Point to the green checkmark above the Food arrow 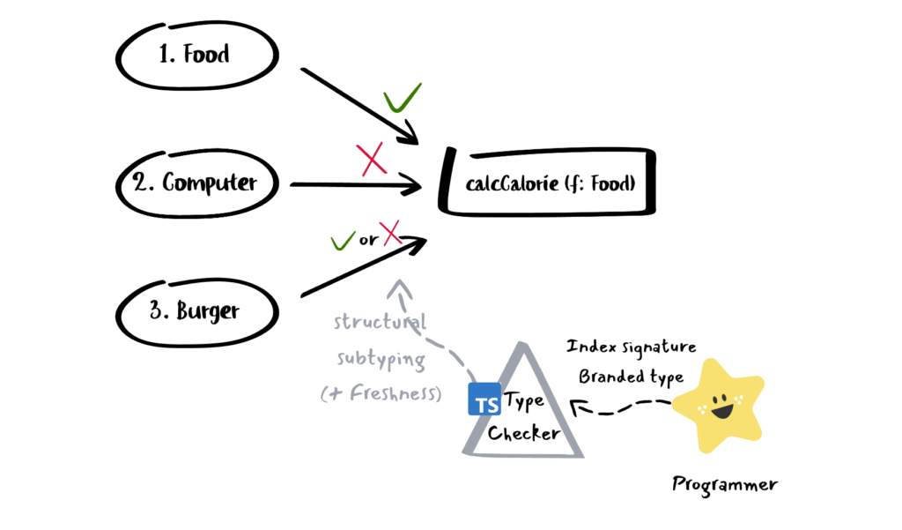402,98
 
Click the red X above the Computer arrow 372,160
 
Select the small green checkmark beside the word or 343,241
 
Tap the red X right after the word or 390,233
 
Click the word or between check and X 368,240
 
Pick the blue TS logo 484,399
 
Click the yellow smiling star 719,406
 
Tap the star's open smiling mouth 722,411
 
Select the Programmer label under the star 725,484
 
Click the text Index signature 631,347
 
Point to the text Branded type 631,377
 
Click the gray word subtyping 381,358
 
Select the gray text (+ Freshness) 381,393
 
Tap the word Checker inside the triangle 523,433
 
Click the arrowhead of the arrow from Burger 416,244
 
